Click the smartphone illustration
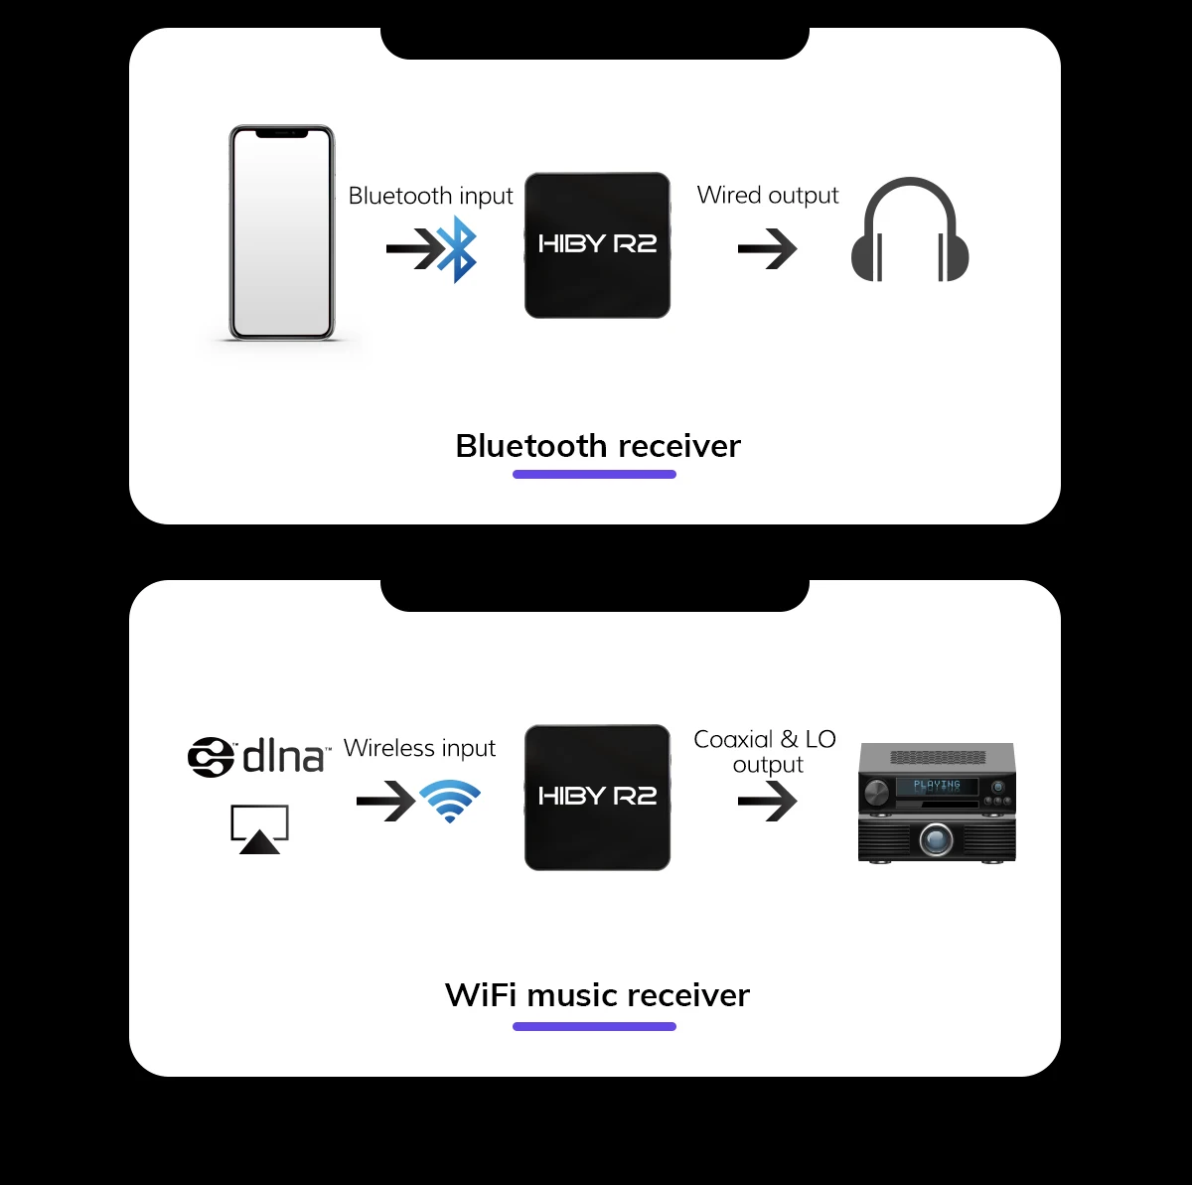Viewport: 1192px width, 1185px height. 282,233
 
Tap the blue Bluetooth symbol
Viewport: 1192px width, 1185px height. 458,249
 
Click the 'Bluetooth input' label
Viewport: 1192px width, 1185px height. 430,196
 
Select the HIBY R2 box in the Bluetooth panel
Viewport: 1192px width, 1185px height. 597,245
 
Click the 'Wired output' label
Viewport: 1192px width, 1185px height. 768,195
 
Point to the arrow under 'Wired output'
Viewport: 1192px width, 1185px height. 768,249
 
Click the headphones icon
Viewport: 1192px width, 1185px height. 909,230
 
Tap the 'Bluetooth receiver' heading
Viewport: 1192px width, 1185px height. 597,446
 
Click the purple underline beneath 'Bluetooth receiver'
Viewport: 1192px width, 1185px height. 594,475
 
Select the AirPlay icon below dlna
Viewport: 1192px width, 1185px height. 259,828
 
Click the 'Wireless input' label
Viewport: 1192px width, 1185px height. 419,748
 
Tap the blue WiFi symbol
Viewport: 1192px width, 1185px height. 450,801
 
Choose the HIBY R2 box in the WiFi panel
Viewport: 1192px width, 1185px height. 597,798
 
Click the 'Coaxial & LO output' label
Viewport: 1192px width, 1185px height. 765,752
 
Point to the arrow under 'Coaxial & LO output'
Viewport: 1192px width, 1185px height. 768,801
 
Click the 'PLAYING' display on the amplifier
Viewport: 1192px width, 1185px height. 937,786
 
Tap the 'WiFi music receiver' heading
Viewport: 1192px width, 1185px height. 597,995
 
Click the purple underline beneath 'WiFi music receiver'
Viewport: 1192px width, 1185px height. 594,1026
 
